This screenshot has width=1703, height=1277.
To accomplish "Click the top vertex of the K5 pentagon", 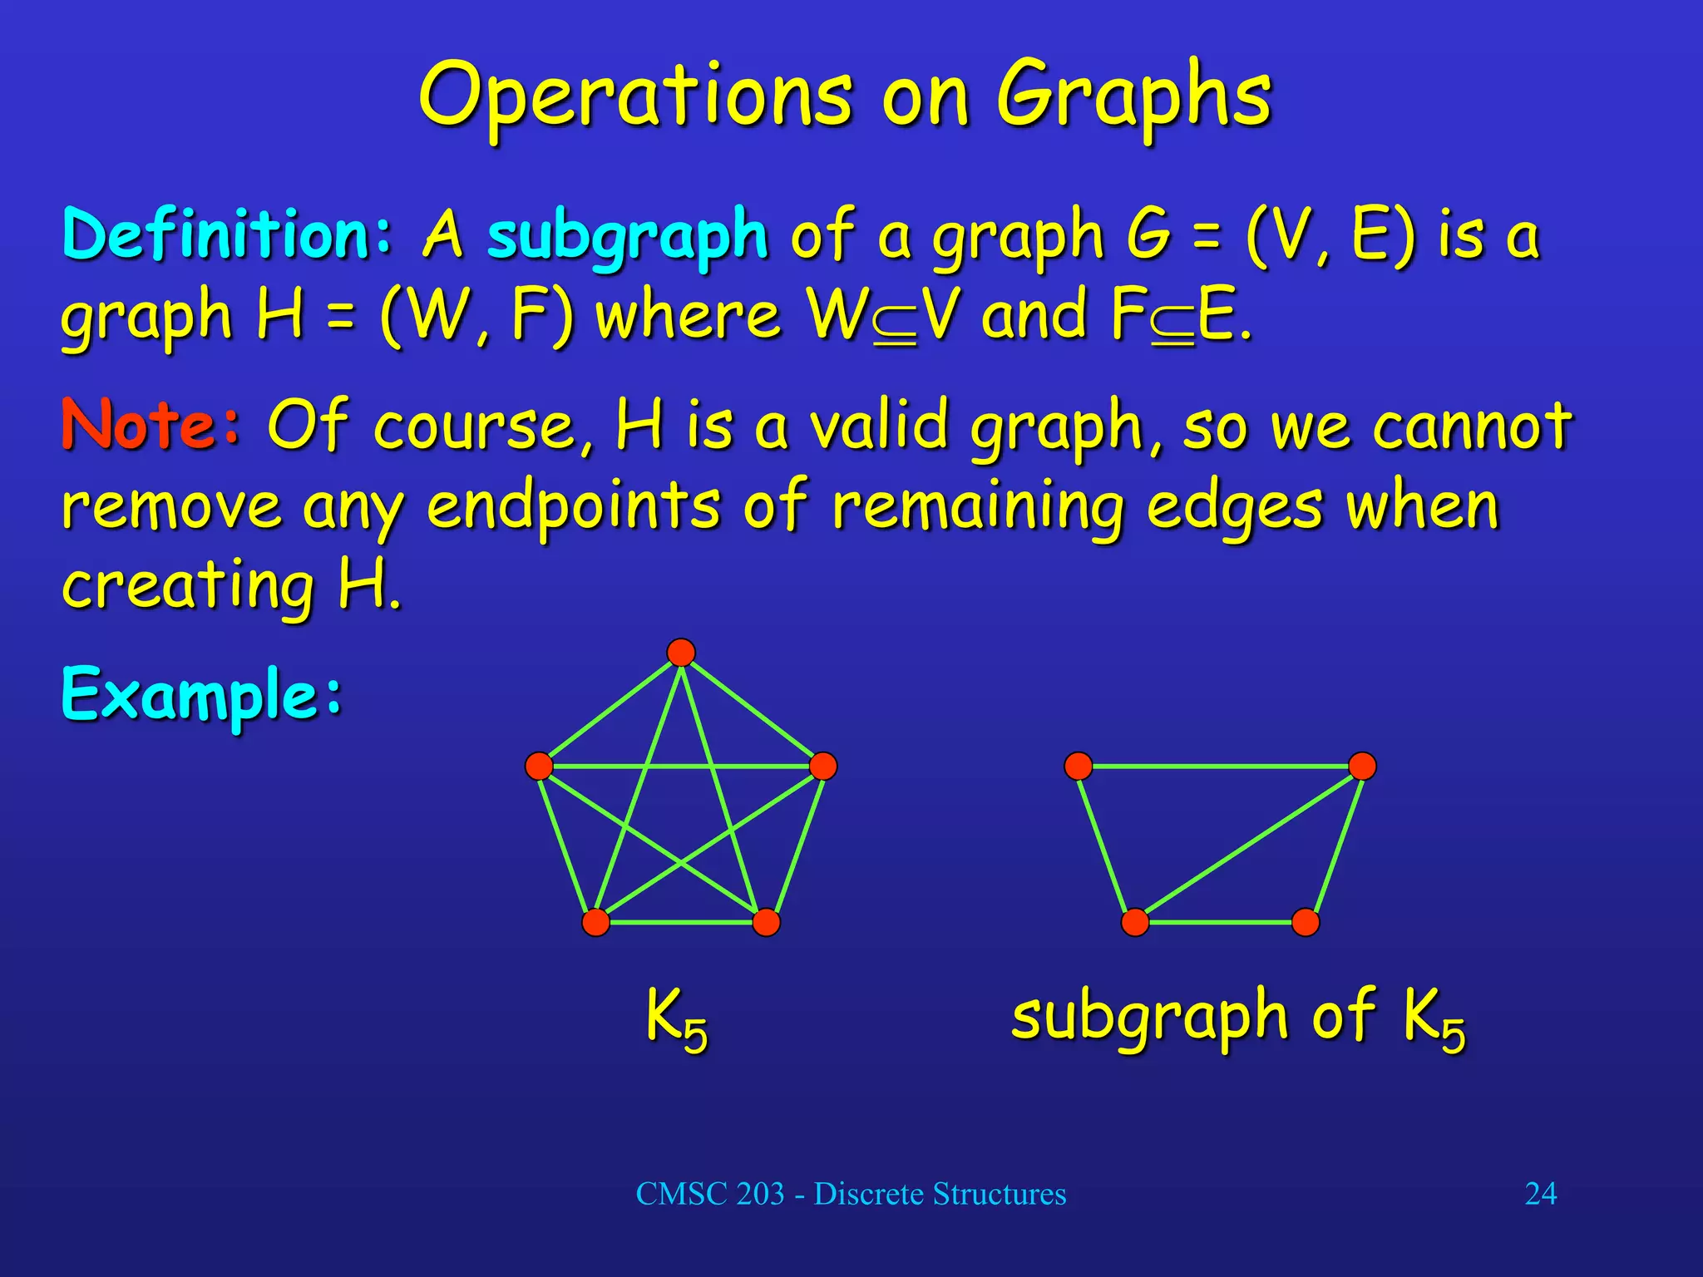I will coord(681,653).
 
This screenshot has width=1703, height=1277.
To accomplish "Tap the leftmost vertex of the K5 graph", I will coord(539,766).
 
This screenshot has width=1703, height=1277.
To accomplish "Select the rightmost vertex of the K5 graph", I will coord(823,766).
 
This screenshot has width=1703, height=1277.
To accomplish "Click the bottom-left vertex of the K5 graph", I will coord(595,922).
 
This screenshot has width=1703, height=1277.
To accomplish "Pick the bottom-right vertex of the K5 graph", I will coord(766,922).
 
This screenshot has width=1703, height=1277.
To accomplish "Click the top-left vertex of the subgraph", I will coord(1079,766).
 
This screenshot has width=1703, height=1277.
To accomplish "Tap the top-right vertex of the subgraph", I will coord(1362,766).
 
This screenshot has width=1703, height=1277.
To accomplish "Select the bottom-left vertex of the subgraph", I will coord(1135,922).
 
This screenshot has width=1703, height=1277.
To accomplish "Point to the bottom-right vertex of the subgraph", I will coord(1306,922).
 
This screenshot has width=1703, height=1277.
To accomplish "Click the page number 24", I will coord(1540,1194).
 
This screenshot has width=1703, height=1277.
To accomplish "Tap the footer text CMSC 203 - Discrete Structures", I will coord(851,1194).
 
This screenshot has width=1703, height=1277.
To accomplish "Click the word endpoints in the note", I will coord(573,507).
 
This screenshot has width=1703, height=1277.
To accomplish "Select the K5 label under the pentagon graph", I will coord(677,1018).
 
